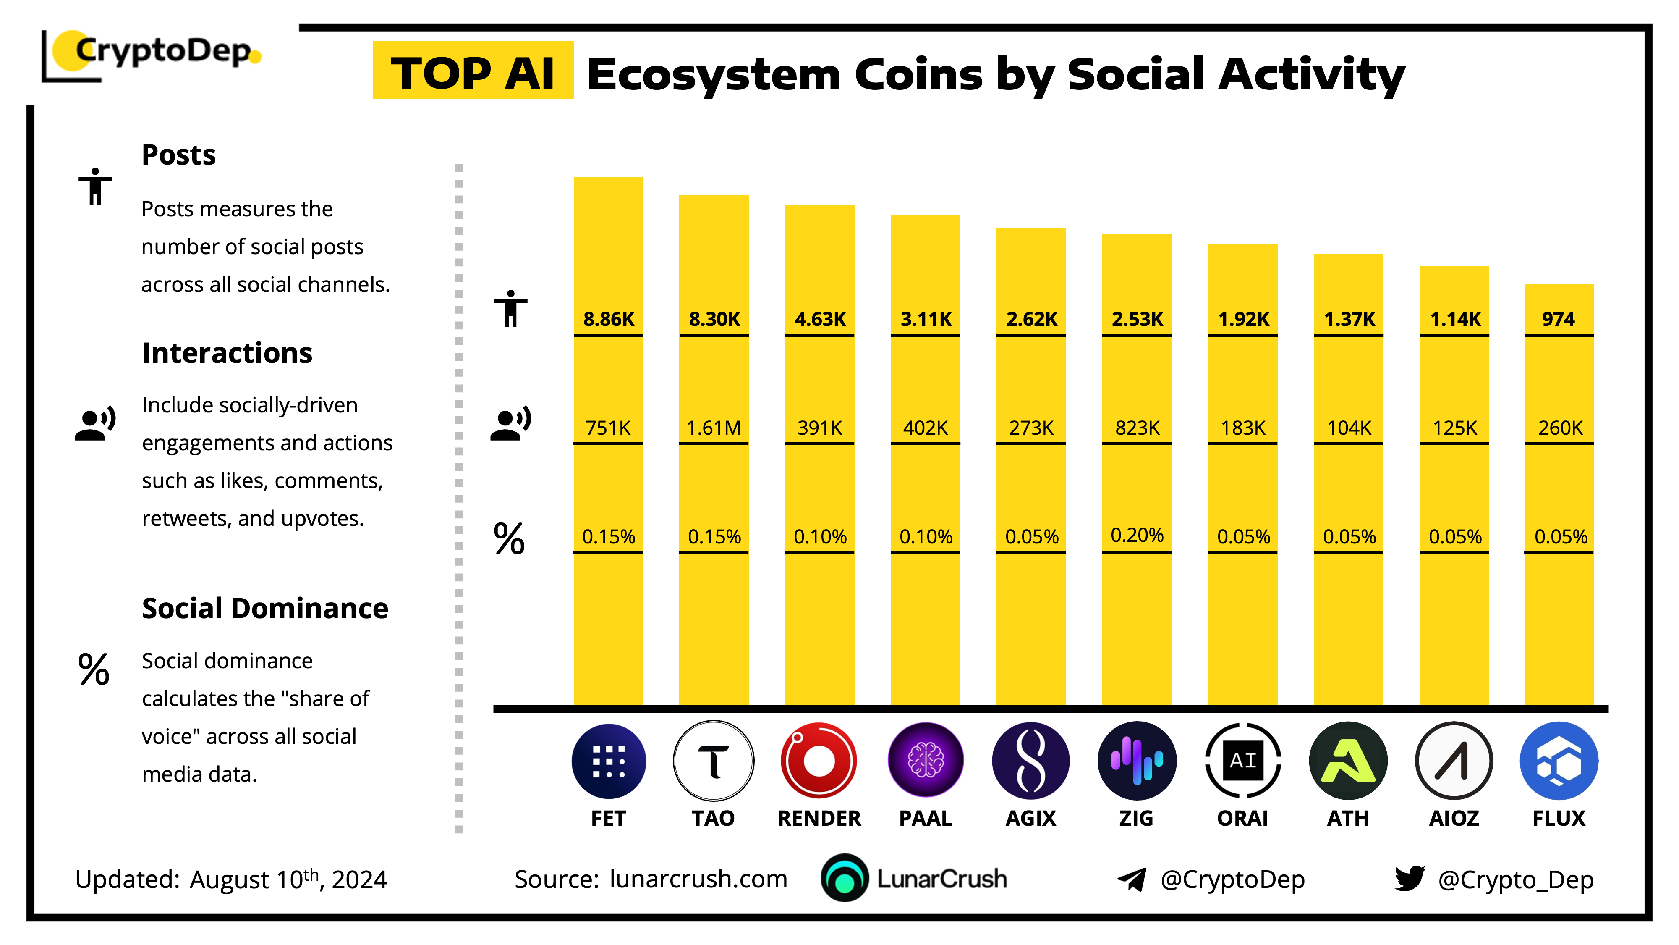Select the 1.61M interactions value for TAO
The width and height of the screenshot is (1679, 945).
coord(714,428)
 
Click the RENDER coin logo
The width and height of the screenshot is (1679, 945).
coord(819,761)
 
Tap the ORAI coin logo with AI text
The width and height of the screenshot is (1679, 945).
coord(1242,761)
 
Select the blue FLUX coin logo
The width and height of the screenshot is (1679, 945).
coord(1559,761)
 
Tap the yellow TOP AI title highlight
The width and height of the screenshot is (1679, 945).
coord(473,71)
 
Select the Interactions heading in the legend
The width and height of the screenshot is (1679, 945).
coord(227,353)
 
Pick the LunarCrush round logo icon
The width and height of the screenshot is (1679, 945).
coord(844,879)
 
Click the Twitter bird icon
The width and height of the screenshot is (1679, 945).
coord(1409,879)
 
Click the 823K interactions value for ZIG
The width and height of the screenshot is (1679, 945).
coord(1137,428)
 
